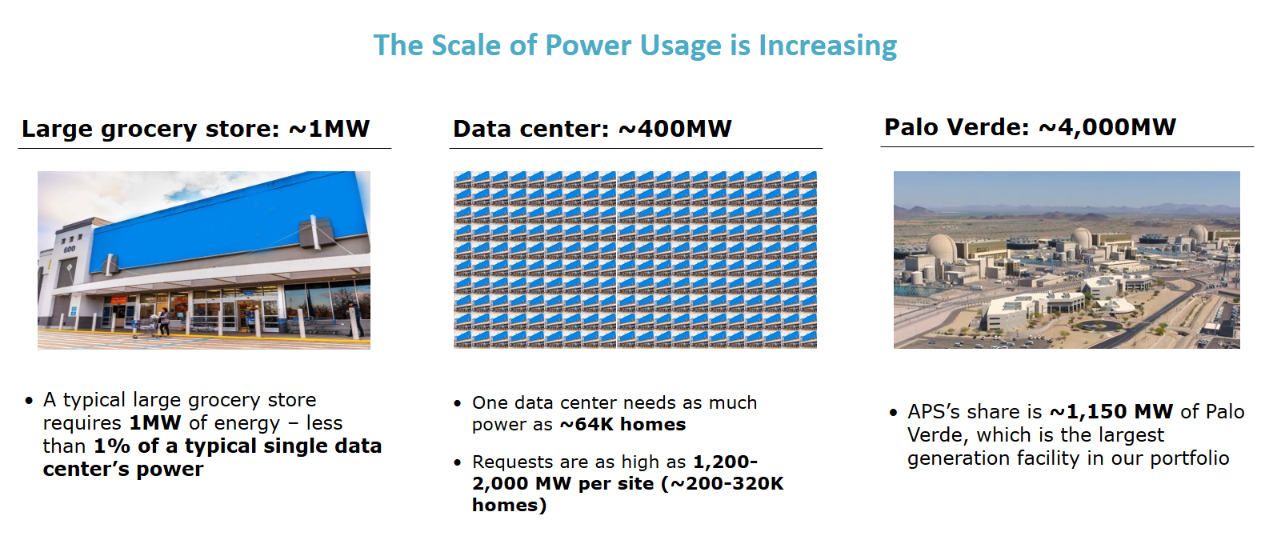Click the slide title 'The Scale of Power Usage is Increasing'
634,46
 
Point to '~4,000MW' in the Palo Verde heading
1107,127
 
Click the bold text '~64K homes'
622,425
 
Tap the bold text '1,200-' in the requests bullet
725,462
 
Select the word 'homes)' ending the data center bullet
509,506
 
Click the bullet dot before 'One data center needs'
458,404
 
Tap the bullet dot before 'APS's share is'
893,413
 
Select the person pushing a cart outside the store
163,321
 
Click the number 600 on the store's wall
69,250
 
